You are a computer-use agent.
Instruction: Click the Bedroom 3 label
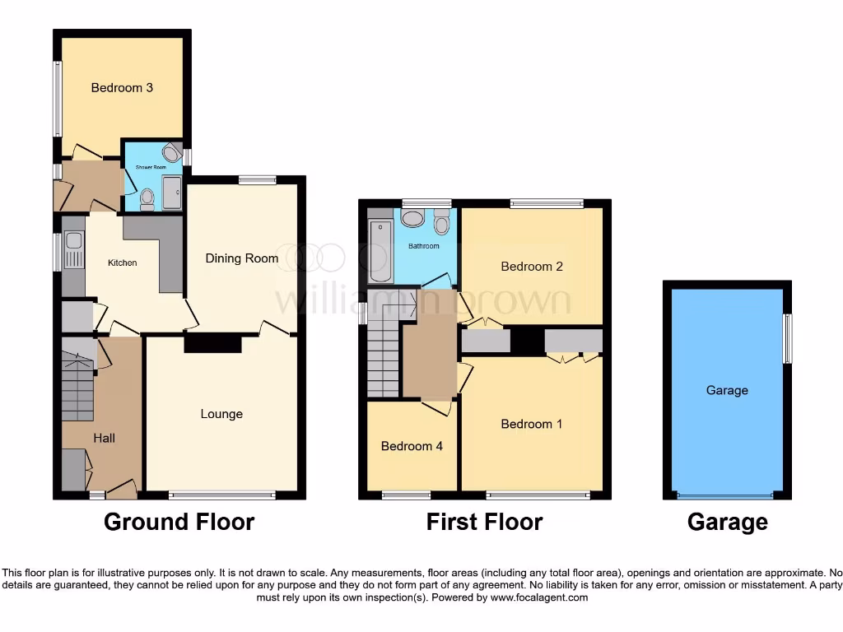122,87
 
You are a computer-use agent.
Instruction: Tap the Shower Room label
151,167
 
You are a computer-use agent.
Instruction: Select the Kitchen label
122,263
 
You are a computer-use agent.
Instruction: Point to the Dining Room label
241,258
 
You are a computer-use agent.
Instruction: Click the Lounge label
221,413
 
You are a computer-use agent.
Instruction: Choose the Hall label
104,438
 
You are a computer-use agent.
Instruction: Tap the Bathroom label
424,246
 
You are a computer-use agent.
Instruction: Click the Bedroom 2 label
532,267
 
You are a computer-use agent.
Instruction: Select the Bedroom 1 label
532,424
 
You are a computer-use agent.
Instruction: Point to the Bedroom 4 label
412,446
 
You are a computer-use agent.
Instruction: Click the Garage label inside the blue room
727,390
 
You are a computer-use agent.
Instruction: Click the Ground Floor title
179,522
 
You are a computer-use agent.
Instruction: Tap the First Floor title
484,522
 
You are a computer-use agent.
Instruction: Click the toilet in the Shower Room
147,197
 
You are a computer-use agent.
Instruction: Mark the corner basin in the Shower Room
171,151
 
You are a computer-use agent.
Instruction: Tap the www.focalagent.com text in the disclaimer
540,597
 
